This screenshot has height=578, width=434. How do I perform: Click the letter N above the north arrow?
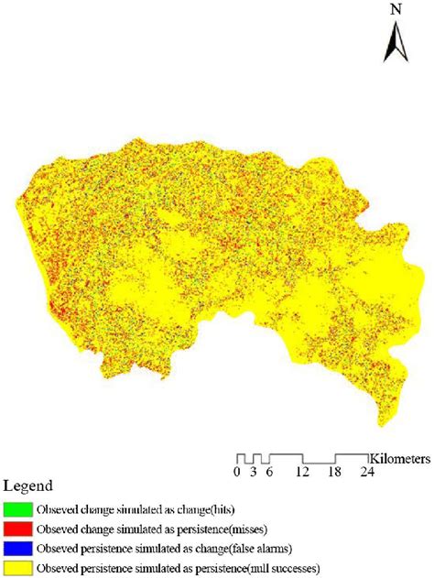[396, 10]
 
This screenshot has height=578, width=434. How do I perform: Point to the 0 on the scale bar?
[236, 473]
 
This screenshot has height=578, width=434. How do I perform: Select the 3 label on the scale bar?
[254, 473]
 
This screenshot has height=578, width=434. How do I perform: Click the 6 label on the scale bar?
[269, 473]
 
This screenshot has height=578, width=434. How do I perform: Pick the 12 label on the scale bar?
[303, 473]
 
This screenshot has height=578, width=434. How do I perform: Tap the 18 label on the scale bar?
[336, 473]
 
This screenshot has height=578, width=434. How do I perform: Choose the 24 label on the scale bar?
[368, 473]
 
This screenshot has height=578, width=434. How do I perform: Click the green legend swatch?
[19, 508]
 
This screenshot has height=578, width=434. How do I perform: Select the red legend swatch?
[19, 529]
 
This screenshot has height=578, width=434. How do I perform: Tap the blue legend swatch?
[19, 549]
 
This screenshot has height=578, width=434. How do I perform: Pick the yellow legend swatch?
[19, 569]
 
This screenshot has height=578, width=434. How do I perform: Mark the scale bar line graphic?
[302, 458]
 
